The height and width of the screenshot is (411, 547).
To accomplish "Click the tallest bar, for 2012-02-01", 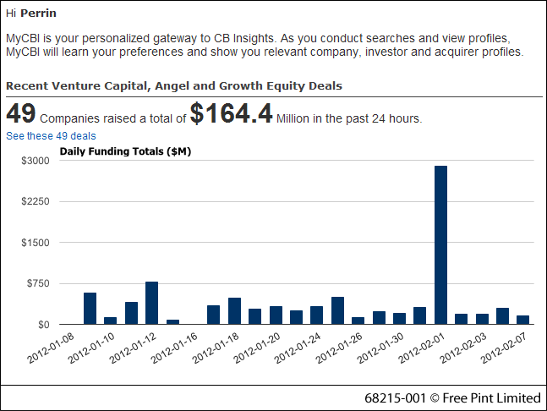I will [x=440, y=245].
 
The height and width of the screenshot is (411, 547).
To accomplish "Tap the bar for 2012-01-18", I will [x=234, y=310].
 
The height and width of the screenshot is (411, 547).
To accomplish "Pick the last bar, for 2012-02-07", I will [x=522, y=320].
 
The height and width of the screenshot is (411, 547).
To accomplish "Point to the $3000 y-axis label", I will [x=36, y=161].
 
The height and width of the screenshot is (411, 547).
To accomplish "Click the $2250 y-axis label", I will [x=36, y=202].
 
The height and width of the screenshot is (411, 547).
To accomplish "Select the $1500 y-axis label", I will [x=36, y=243].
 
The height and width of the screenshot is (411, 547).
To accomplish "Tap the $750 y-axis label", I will [x=39, y=283].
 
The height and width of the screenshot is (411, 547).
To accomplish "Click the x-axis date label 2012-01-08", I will [x=50, y=347].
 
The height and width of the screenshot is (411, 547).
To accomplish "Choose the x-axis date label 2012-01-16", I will [x=173, y=347].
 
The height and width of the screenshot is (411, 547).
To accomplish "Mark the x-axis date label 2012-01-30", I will [x=379, y=347].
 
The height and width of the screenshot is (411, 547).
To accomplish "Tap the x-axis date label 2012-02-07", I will [x=503, y=347].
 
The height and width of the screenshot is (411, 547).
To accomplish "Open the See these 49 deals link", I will [x=51, y=136].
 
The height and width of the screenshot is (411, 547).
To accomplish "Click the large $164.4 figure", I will [x=231, y=114].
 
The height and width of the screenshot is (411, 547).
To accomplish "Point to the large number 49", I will [x=20, y=114].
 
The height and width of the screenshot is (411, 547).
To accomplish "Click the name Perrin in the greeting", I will [x=39, y=14].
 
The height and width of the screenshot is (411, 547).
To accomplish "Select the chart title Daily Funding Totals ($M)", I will [x=126, y=151].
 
